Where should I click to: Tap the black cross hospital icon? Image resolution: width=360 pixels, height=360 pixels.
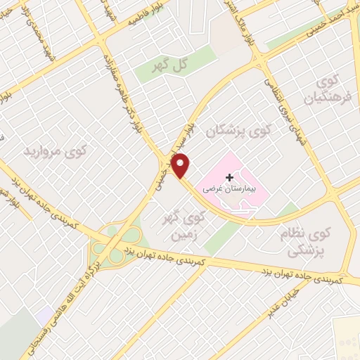(230, 179)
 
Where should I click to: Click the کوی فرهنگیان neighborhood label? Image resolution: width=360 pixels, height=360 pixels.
(328, 90)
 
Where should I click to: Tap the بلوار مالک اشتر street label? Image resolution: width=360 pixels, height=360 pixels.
(250, 21)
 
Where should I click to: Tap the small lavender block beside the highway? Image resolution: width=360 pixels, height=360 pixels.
(44, 314)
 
